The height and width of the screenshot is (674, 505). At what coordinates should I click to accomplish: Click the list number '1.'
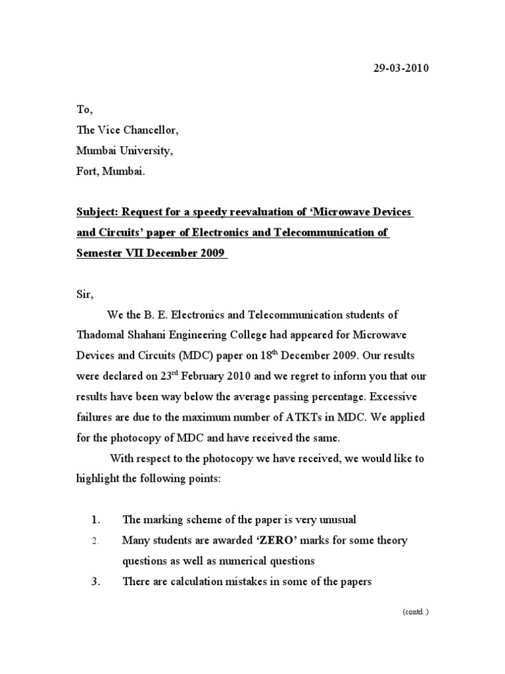point(95,520)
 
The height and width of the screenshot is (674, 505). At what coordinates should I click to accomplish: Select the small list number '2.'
point(95,541)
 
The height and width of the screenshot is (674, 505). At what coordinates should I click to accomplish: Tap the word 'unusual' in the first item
point(337,520)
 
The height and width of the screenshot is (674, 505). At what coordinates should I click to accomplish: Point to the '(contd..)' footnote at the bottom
point(416,611)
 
